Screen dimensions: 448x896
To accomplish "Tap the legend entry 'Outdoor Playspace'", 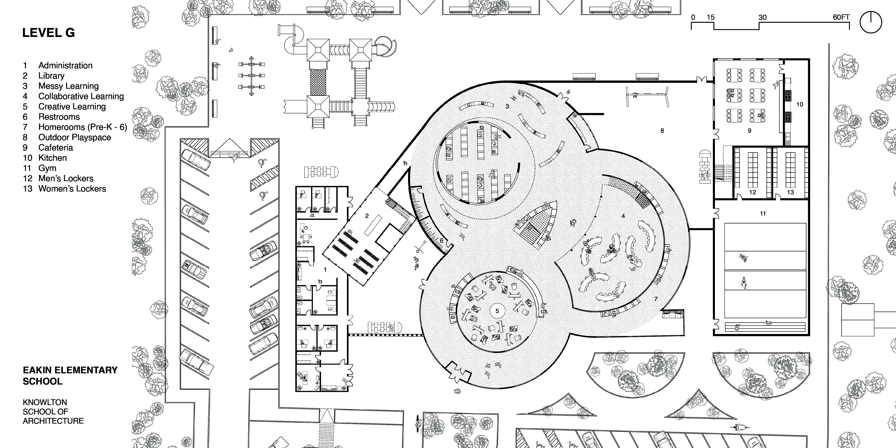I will click(x=74, y=137).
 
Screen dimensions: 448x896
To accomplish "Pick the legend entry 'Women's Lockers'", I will click(x=72, y=189).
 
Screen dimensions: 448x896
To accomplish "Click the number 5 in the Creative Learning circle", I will click(x=497, y=311).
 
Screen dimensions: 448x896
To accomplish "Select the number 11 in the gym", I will click(x=763, y=214).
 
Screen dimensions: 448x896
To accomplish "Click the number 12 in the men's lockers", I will click(x=752, y=192).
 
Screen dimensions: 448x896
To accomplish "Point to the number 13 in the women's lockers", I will click(x=790, y=192).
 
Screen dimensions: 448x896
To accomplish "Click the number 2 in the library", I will click(x=367, y=216).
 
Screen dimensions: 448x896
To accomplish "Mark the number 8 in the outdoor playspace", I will click(x=662, y=131).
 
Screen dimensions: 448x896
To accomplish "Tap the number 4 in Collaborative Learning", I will click(x=623, y=216).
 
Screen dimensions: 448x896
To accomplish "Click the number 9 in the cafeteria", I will click(x=749, y=131).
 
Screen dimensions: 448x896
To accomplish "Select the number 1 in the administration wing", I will click(x=325, y=270).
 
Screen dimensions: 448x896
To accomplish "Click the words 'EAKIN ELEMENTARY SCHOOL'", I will click(x=70, y=376).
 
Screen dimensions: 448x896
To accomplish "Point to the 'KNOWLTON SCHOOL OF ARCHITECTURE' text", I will click(x=53, y=411).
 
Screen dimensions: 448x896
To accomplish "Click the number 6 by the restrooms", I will click(x=441, y=240).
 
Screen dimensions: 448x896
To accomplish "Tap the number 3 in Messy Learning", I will click(x=507, y=106).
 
